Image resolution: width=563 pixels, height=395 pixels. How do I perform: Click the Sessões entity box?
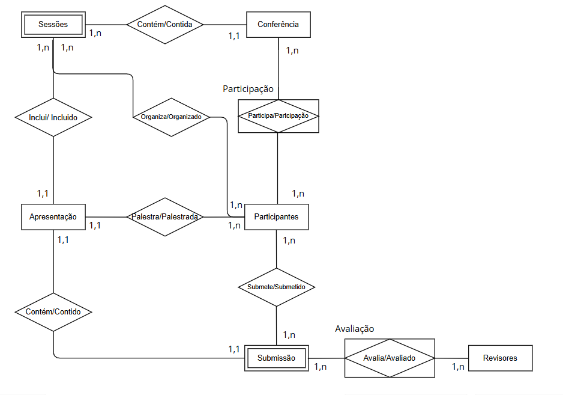point(53,25)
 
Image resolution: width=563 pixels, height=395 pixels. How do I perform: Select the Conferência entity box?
point(278,25)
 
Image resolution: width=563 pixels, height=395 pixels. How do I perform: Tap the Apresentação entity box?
point(53,216)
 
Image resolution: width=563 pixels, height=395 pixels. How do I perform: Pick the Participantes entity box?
point(276,216)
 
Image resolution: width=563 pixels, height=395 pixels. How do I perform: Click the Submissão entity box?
point(276,358)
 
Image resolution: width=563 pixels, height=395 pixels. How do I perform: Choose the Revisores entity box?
point(500,358)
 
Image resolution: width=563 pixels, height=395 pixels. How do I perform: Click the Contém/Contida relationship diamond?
point(165,25)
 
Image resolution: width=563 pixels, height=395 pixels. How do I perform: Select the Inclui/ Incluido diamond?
point(53,117)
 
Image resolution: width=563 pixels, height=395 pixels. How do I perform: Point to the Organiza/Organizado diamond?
point(171,117)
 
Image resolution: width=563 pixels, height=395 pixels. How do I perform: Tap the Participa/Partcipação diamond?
point(278,115)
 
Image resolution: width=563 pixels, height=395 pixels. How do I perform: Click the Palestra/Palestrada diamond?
point(164,216)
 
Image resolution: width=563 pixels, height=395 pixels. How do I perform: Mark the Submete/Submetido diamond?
point(276,287)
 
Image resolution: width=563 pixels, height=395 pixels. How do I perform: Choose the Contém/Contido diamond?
point(53,311)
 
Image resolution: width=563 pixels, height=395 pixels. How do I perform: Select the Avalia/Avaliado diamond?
point(389,358)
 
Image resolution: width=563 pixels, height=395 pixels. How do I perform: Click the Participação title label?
point(248,89)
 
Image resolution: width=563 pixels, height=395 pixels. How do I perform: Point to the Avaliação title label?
point(354,329)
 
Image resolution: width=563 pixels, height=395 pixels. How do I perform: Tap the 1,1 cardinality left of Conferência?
point(234,36)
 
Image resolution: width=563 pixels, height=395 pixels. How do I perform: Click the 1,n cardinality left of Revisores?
point(458,366)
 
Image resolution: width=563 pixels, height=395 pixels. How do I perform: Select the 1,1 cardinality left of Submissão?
point(234,349)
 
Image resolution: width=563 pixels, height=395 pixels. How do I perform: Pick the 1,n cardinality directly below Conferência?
point(292,51)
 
